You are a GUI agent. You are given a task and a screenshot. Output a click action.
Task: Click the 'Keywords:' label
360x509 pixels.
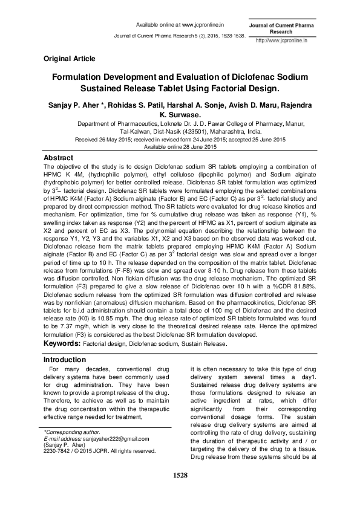(x=62, y=343)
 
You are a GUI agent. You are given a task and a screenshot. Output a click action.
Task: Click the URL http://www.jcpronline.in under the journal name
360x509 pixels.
(x=282, y=40)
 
